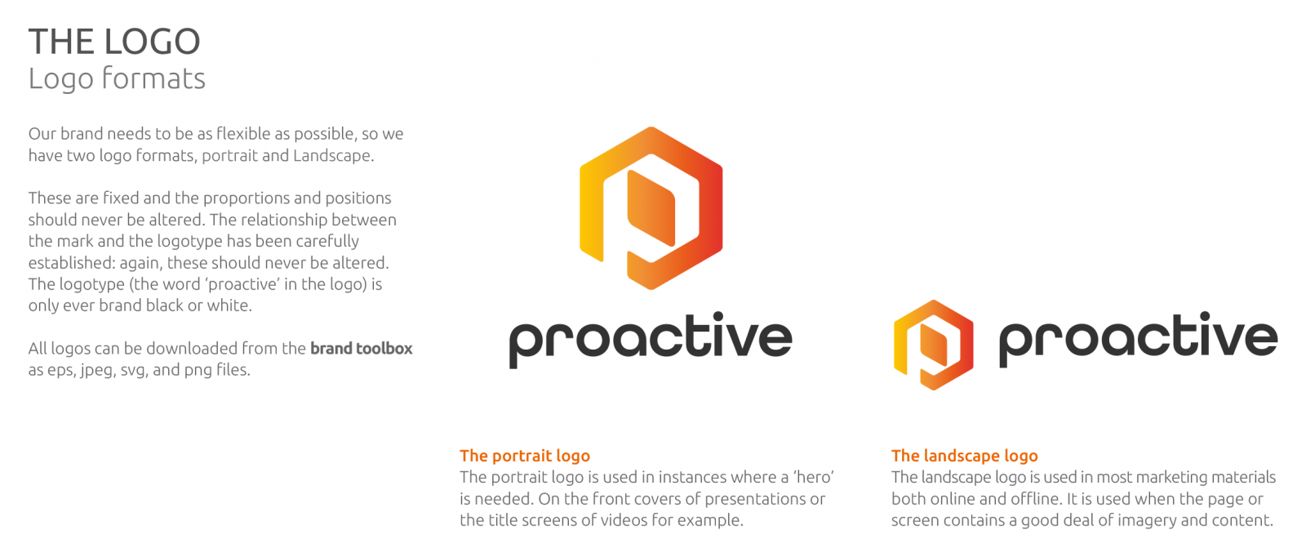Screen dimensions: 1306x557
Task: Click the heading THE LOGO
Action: [114, 42]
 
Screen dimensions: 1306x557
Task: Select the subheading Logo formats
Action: [117, 78]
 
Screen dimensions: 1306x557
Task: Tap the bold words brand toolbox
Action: [361, 348]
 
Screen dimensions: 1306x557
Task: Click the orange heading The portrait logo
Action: [525, 456]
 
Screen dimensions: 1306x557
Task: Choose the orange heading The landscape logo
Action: [964, 456]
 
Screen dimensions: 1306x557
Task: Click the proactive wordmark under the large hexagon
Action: [651, 340]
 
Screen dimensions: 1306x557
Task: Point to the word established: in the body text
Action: [72, 262]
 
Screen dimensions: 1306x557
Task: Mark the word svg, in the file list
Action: [134, 370]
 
